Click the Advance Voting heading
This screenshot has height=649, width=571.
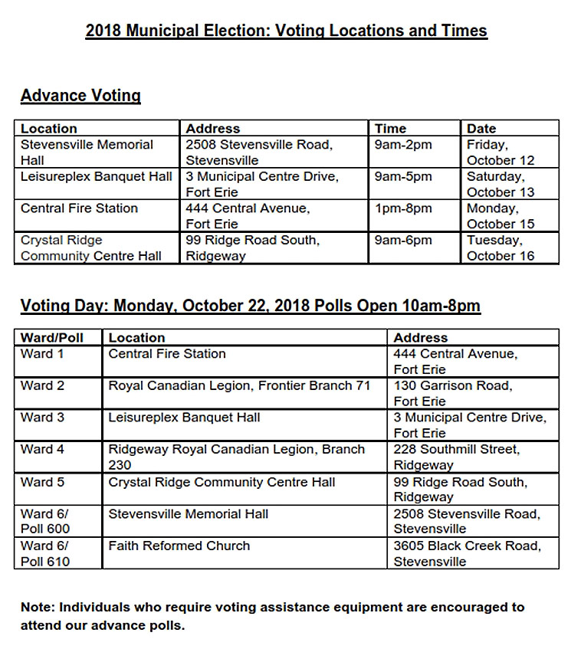[x=80, y=96]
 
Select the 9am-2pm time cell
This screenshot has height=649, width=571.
[x=403, y=145]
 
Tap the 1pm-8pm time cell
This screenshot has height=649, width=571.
[x=403, y=208]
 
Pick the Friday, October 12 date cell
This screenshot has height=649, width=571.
[x=500, y=152]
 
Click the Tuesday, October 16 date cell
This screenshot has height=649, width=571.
[x=500, y=248]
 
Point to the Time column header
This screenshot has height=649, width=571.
[x=390, y=129]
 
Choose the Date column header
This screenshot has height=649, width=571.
[x=481, y=129]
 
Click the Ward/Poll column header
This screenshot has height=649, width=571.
[x=52, y=338]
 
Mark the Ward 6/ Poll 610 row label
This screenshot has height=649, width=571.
[x=45, y=554]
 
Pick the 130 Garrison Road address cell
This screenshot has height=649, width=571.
[x=453, y=393]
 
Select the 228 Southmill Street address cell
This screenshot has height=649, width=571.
[x=457, y=457]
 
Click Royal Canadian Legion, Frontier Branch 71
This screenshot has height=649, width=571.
[x=239, y=386]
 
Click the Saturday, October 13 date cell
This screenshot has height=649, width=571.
[x=500, y=185]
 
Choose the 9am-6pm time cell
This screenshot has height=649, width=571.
[x=403, y=241]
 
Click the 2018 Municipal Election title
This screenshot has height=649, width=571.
[x=286, y=31]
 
